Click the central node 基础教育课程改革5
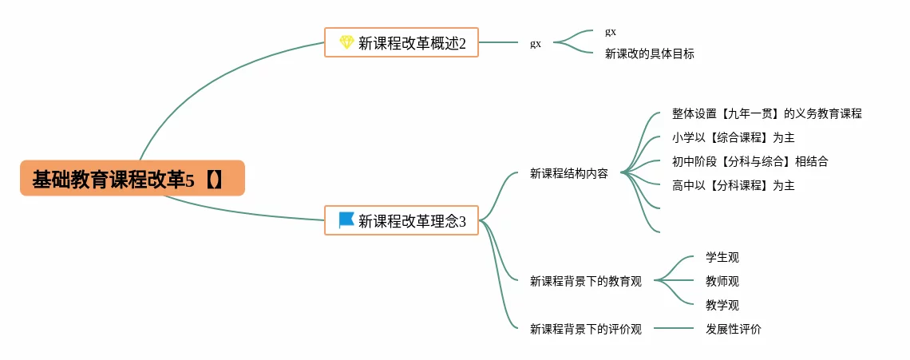pyautogui.click(x=133, y=178)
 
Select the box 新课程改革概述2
pyautogui.click(x=401, y=42)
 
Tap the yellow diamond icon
pyautogui.click(x=346, y=42)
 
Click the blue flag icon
pyautogui.click(x=346, y=220)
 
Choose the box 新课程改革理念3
pyautogui.click(x=401, y=220)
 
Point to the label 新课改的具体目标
pyautogui.click(x=650, y=54)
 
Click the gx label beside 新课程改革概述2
pyautogui.click(x=536, y=44)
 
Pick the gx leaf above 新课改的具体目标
pyautogui.click(x=611, y=32)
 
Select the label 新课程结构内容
pyautogui.click(x=568, y=173)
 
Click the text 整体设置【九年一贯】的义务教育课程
pyautogui.click(x=766, y=114)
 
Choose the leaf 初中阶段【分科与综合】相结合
pyautogui.click(x=750, y=162)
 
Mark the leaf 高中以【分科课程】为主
pyautogui.click(x=733, y=186)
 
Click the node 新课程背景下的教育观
pyautogui.click(x=586, y=282)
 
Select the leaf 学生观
pyautogui.click(x=722, y=257)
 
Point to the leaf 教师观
pyautogui.click(x=722, y=282)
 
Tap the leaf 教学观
pyautogui.click(x=722, y=306)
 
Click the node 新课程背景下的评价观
pyautogui.click(x=586, y=329)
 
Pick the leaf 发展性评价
pyautogui.click(x=734, y=329)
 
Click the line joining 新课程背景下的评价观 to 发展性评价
pyautogui.click(x=674, y=329)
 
